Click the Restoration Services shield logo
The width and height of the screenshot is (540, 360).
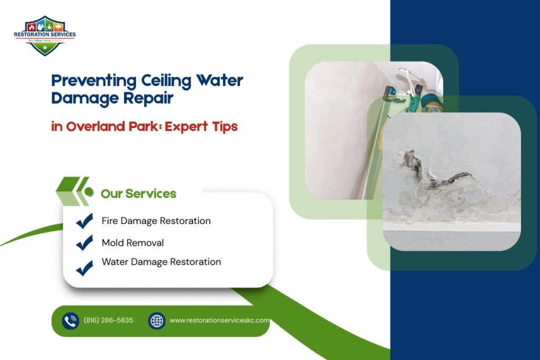44,35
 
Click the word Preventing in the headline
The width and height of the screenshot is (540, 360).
93,81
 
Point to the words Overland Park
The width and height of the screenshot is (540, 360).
107,127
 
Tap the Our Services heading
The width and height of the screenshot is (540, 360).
138,193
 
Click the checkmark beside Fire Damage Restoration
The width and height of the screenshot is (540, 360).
84,221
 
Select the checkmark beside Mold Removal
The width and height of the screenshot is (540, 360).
84,243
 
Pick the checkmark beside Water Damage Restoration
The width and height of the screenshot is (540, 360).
84,267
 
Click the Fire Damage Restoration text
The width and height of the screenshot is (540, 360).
156,221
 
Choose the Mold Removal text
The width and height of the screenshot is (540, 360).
132,242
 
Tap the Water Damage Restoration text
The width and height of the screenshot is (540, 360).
161,261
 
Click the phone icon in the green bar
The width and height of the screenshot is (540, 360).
70,320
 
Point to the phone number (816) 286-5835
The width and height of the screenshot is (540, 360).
108,320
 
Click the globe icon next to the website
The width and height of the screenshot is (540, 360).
157,320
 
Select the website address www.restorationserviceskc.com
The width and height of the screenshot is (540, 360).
219,320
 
